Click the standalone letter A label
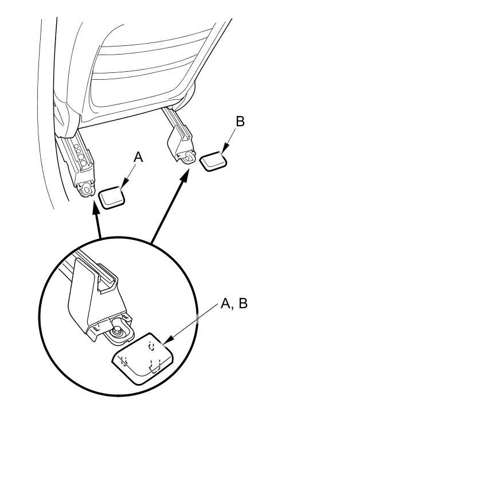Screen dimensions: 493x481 pos(138,157)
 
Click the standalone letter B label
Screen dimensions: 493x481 pos(240,122)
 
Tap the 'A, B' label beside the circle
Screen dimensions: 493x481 pos(234,304)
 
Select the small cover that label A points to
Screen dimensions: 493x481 pos(112,197)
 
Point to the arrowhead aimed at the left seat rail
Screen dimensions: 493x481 pos(96,207)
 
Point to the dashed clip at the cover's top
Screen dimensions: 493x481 pos(151,346)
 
